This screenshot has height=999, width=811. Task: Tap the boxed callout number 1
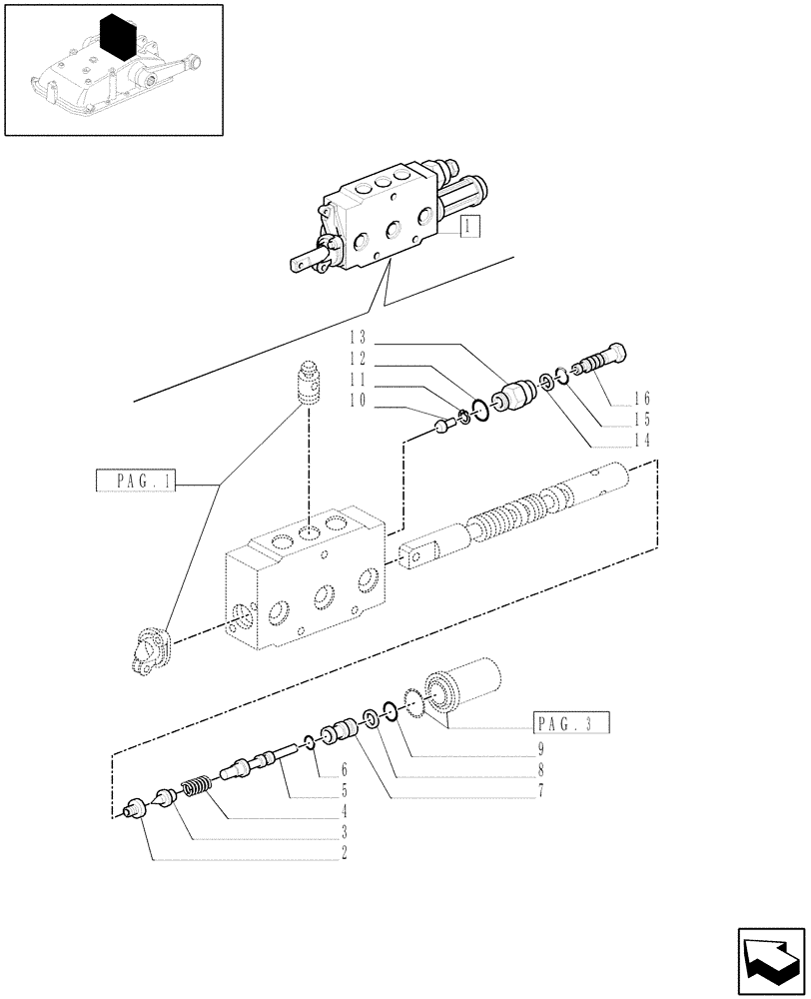(x=470, y=227)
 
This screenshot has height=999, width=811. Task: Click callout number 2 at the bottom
(x=344, y=854)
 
